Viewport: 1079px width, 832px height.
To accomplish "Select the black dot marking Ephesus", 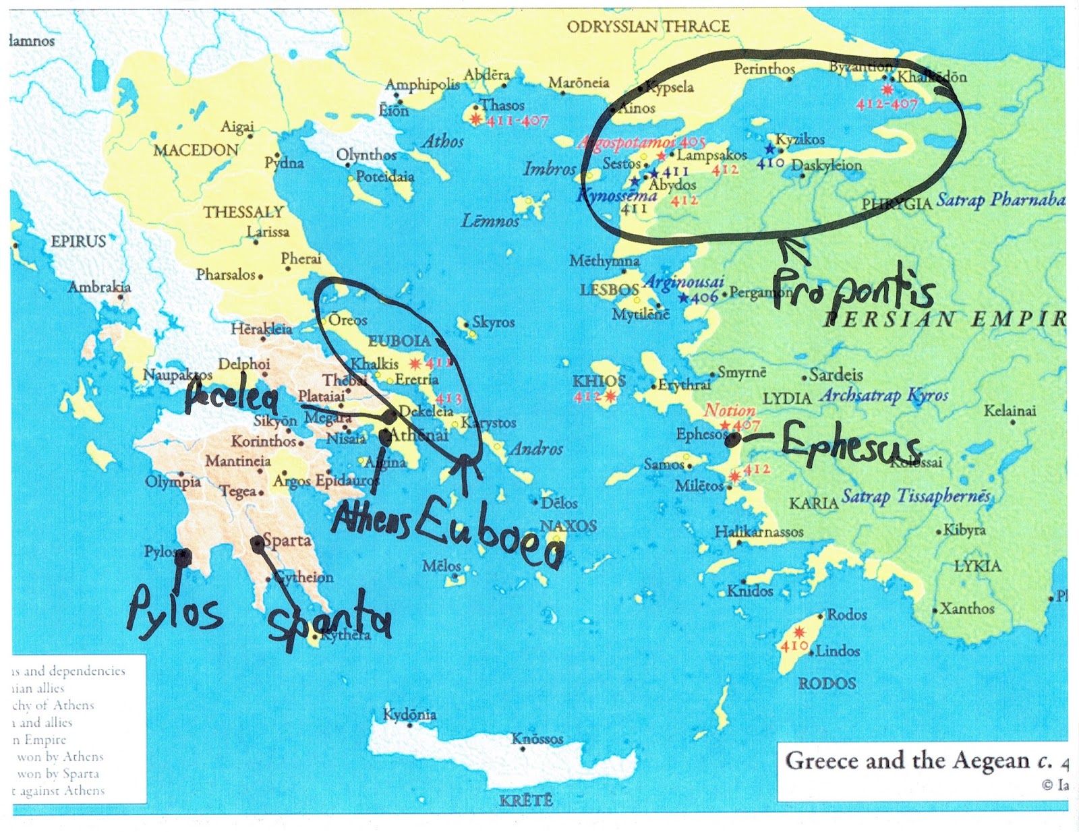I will pyautogui.click(x=733, y=440).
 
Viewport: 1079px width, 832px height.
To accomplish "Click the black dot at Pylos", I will pyautogui.click(x=183, y=557).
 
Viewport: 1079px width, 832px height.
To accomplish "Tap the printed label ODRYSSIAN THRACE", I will pyautogui.click(x=648, y=26).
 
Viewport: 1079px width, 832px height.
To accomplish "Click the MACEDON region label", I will pyautogui.click(x=196, y=150).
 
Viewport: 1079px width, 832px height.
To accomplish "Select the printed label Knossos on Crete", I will pyautogui.click(x=537, y=739).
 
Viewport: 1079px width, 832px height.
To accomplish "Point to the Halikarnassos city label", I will pyautogui.click(x=759, y=532).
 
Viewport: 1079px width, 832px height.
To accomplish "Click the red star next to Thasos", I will pyautogui.click(x=475, y=119).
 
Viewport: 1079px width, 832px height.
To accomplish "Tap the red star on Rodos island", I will pyautogui.click(x=799, y=632).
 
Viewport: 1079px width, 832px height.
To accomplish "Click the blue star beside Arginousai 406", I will pyautogui.click(x=684, y=297).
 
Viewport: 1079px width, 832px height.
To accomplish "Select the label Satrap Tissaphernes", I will pyautogui.click(x=916, y=497).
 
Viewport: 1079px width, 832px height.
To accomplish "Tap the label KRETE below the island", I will pyautogui.click(x=526, y=800).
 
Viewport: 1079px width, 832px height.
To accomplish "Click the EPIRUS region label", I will pyautogui.click(x=78, y=241).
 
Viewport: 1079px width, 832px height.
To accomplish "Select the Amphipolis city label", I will pyautogui.click(x=422, y=84).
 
